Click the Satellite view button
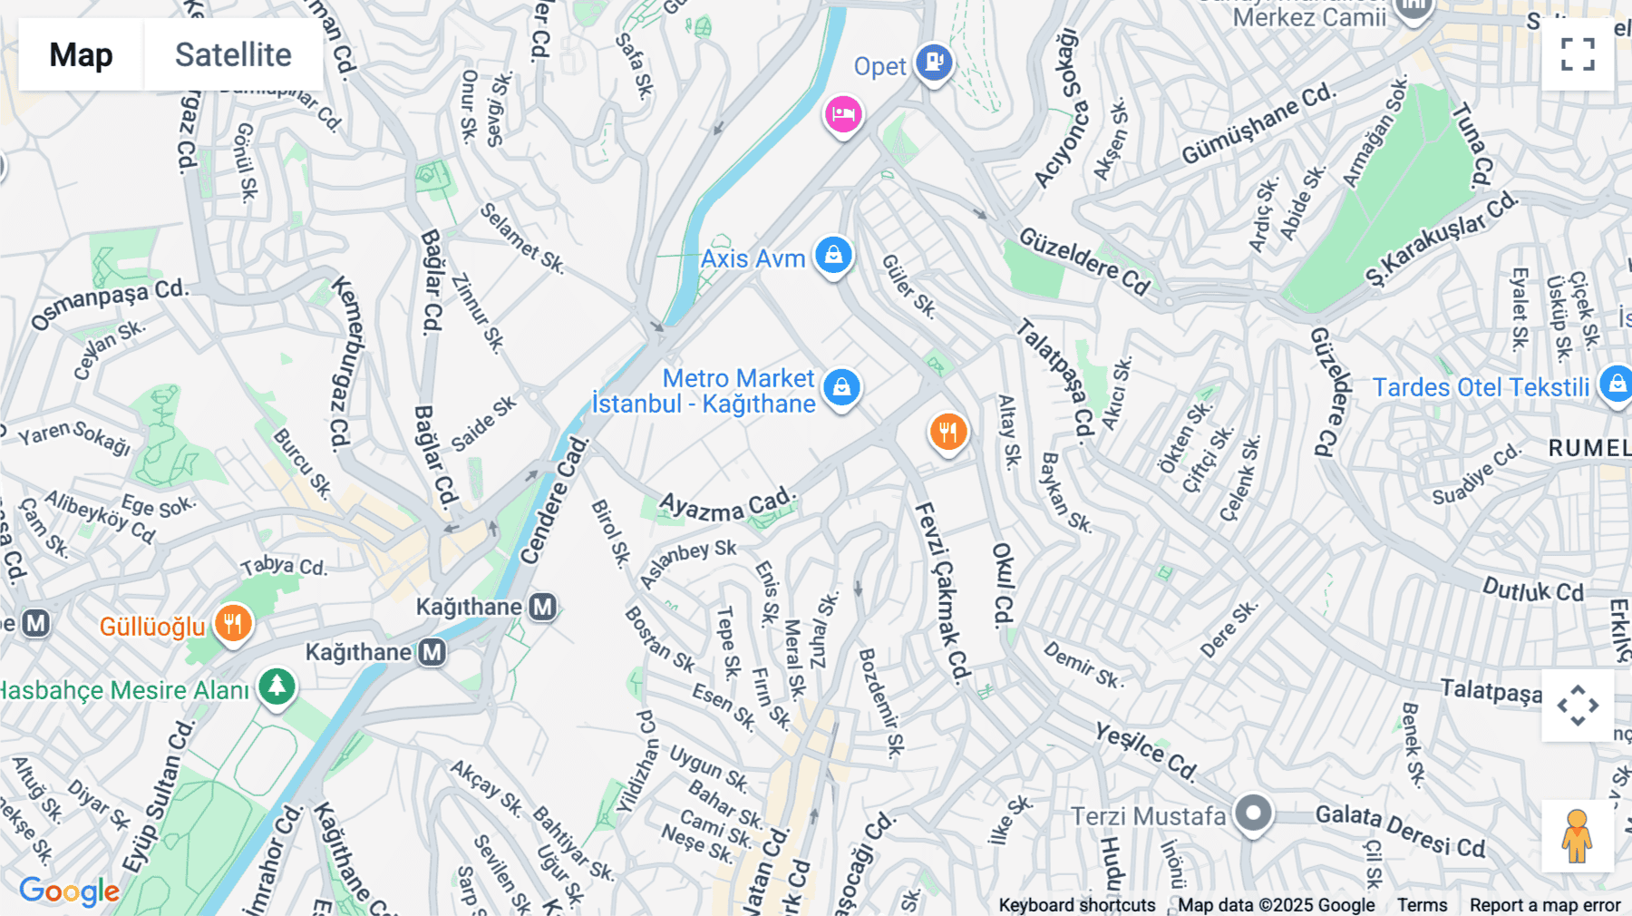point(233,55)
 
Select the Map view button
point(81,55)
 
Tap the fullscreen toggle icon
point(1578,54)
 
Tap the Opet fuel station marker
point(933,63)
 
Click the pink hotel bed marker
point(843,115)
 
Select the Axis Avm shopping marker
point(833,256)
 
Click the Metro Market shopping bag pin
point(841,388)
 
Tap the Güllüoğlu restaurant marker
point(233,624)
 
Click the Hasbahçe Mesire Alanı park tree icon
point(277,687)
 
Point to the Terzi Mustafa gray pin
point(1253,813)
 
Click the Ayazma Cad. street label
point(727,505)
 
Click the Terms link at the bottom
point(1422,904)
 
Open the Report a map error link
point(1544,904)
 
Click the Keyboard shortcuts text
point(1076,904)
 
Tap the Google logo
point(69,892)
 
